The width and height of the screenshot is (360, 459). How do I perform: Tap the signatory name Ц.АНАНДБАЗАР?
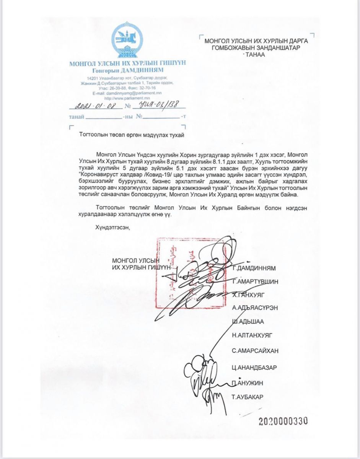[254, 368]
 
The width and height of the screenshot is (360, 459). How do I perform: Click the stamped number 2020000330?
[283, 422]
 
